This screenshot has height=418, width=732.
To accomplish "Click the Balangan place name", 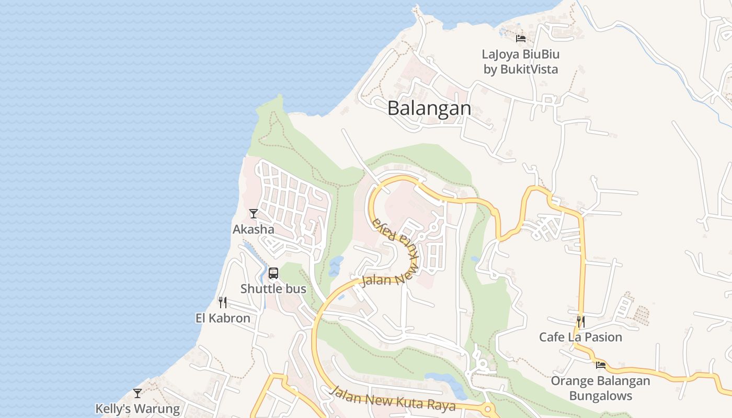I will pyautogui.click(x=429, y=108).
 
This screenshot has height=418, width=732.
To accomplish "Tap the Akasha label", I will pyautogui.click(x=253, y=229).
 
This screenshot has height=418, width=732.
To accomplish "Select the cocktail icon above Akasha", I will pyautogui.click(x=254, y=213).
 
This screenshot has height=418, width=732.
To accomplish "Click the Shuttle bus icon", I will pyautogui.click(x=273, y=273).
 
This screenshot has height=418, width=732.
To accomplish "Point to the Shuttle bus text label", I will pyautogui.click(x=273, y=288).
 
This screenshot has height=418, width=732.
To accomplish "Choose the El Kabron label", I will pyautogui.click(x=223, y=318).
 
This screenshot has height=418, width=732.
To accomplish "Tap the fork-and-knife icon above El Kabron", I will pyautogui.click(x=223, y=302).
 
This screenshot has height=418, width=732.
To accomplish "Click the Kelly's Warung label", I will pyautogui.click(x=138, y=409).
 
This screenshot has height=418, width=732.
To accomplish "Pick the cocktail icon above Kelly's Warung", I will pyautogui.click(x=138, y=393).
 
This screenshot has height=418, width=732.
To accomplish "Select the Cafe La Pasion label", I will pyautogui.click(x=580, y=337).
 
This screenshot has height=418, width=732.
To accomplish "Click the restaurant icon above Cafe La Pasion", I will pyautogui.click(x=580, y=321).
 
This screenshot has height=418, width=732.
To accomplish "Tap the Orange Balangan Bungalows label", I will pyautogui.click(x=600, y=388).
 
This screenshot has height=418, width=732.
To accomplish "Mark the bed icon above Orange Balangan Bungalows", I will pyautogui.click(x=600, y=365).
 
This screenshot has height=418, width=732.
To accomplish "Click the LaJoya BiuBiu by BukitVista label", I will pyautogui.click(x=521, y=62).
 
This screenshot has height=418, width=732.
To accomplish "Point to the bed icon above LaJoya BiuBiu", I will pyautogui.click(x=521, y=38).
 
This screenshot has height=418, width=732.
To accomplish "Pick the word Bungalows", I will pyautogui.click(x=600, y=396).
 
